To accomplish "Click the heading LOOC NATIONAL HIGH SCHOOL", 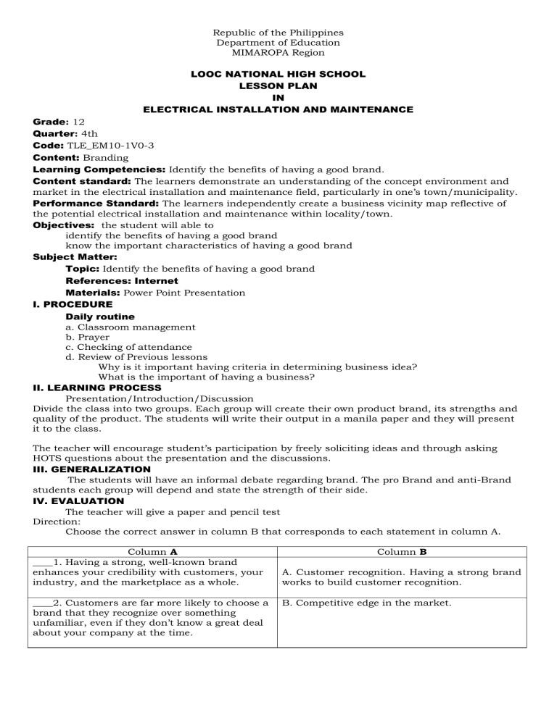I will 278,74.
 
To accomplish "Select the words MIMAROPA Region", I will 278,53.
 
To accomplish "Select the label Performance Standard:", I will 82,204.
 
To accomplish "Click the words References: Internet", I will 122,280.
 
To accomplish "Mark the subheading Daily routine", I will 99,317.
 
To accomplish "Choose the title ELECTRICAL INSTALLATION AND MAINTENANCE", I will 278,109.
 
